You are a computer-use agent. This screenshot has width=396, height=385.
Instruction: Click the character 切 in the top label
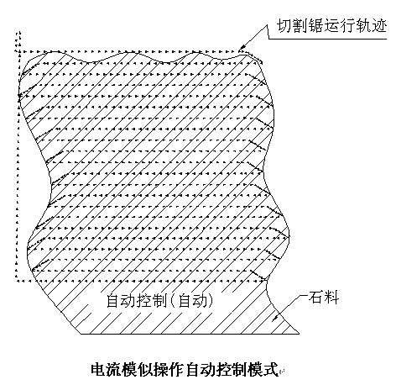(284, 26)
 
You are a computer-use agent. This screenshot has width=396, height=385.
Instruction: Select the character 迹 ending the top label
(379, 26)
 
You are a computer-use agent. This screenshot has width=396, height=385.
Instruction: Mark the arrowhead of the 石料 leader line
(275, 318)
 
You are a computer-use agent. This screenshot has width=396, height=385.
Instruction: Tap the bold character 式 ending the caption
(271, 370)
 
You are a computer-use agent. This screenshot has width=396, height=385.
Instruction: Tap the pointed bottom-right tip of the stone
(299, 334)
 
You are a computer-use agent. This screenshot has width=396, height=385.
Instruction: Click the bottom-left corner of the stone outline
(81, 334)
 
